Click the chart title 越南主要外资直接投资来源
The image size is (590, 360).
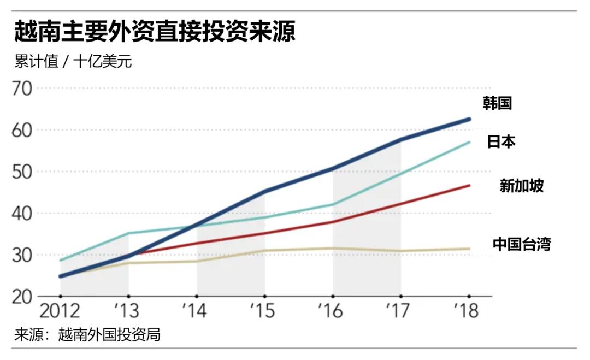click(155, 32)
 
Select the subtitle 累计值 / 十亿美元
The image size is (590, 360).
click(74, 61)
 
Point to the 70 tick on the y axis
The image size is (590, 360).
click(23, 88)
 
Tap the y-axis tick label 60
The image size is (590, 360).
click(23, 131)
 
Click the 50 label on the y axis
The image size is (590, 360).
click(23, 172)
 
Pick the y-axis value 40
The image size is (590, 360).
click(23, 214)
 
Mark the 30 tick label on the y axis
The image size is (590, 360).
click(23, 255)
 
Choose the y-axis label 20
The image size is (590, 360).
click(23, 297)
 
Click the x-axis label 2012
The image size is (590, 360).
click(60, 311)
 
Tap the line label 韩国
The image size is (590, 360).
click(497, 103)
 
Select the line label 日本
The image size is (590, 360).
click(501, 142)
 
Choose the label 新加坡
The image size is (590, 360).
click(522, 186)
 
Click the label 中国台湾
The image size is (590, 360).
click(522, 244)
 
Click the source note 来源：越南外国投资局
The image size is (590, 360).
click(87, 335)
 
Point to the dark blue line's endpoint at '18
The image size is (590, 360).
click(469, 119)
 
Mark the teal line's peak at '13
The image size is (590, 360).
click(128, 233)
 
